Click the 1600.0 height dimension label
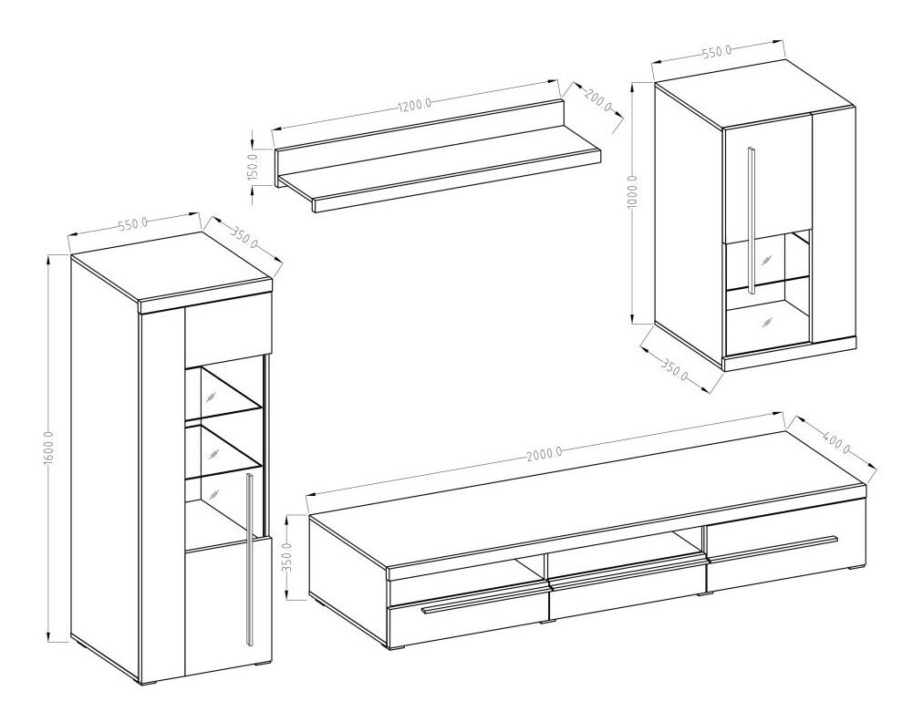click(49, 448)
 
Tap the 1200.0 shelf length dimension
click(416, 106)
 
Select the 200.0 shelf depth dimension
click(598, 100)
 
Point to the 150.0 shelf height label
click(254, 167)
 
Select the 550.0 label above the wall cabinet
click(716, 53)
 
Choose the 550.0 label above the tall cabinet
click(132, 225)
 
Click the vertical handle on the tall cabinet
click(250, 560)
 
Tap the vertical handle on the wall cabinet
click(752, 219)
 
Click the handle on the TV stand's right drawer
click(773, 547)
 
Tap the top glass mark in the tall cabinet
click(210, 395)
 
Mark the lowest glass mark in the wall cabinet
click(766, 321)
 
